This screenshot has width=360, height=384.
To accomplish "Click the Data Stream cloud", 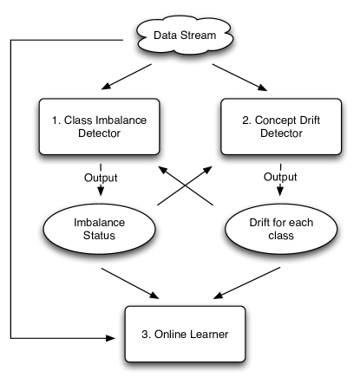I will [x=183, y=36].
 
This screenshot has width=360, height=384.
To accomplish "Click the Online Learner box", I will [x=183, y=333].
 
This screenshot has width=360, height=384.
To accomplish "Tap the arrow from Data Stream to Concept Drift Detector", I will [x=238, y=75].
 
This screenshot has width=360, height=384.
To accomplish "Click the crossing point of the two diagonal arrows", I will [x=184, y=185].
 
